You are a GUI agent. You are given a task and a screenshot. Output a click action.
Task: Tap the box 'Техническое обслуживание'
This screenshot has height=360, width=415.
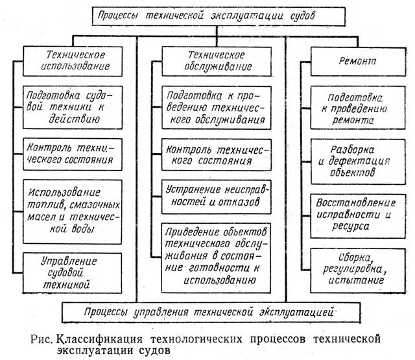[206, 60]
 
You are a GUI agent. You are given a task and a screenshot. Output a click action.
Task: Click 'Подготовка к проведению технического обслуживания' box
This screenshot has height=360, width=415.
[206, 106]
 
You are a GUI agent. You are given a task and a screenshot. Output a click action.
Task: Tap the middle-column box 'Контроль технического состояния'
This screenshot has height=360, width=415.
[206, 152]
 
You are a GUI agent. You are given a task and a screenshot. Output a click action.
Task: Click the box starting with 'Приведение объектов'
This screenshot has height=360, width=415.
[206, 254]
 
